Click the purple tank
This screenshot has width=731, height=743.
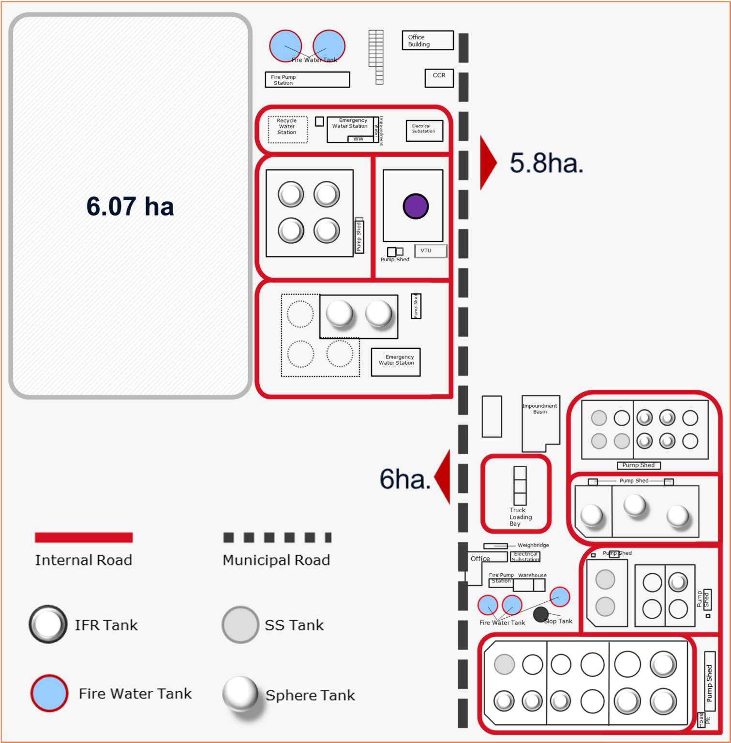(x=416, y=206)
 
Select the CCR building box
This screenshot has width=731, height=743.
(x=439, y=78)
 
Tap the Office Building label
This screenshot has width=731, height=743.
(x=418, y=41)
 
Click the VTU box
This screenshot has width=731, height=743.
(x=430, y=251)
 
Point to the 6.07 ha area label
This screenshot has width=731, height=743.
(x=130, y=206)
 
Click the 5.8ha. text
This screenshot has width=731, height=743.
(x=546, y=163)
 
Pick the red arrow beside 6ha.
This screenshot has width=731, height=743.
(x=444, y=477)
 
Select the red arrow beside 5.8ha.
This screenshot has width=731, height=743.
(x=487, y=163)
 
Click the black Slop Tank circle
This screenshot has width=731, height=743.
(x=540, y=614)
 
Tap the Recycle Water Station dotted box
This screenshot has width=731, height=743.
(x=287, y=130)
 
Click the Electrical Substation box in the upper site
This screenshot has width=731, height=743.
(x=424, y=131)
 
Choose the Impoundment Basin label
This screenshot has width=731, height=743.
(x=539, y=409)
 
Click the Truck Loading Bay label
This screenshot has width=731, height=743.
(x=520, y=517)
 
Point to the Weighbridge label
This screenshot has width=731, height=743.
(x=533, y=545)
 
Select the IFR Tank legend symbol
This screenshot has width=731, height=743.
(x=48, y=624)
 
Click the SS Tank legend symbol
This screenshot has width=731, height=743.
(x=240, y=624)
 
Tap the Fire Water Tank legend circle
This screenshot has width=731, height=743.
(x=49, y=693)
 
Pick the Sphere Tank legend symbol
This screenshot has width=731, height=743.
(x=240, y=693)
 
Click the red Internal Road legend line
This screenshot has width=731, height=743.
(x=84, y=537)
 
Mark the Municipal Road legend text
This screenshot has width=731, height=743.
(x=276, y=560)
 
